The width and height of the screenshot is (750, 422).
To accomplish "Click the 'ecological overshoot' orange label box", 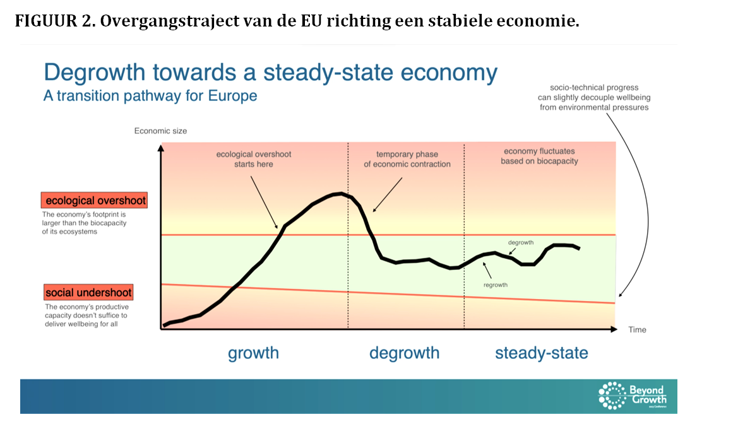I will pos(94,201).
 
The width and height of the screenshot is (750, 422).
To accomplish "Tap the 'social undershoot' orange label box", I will pos(88,293).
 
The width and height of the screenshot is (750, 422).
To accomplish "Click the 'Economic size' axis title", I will pos(160,131).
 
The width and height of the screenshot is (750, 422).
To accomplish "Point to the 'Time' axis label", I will pos(637,330).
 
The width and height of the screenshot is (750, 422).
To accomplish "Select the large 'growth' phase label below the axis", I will pos(253,353).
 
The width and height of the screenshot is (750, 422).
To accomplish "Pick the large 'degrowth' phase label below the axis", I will pos(404,353).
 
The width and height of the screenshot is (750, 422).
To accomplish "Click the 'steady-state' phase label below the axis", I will pos(541,353).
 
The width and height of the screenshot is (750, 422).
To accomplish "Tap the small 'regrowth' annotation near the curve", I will pos(496,285).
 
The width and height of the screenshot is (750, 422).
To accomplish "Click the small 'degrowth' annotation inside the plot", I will pos(521,243).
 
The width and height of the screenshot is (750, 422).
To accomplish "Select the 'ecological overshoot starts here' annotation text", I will pos(253,159).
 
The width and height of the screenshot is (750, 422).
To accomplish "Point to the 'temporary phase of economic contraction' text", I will pos(407,159).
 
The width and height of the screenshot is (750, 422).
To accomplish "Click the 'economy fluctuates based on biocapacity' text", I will pos(540,156).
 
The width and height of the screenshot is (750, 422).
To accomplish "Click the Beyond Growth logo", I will pos(632,395).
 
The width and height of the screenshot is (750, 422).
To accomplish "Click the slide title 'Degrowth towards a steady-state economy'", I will pos(270,73).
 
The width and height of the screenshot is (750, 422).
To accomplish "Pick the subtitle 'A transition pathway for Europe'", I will pos(150,96).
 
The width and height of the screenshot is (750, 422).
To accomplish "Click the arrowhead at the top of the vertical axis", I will pos(162,148).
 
